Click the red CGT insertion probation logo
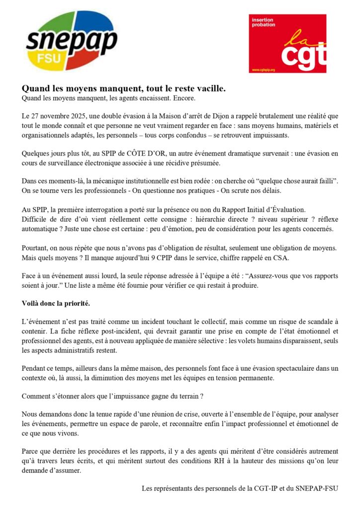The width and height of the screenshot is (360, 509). [287, 43]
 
